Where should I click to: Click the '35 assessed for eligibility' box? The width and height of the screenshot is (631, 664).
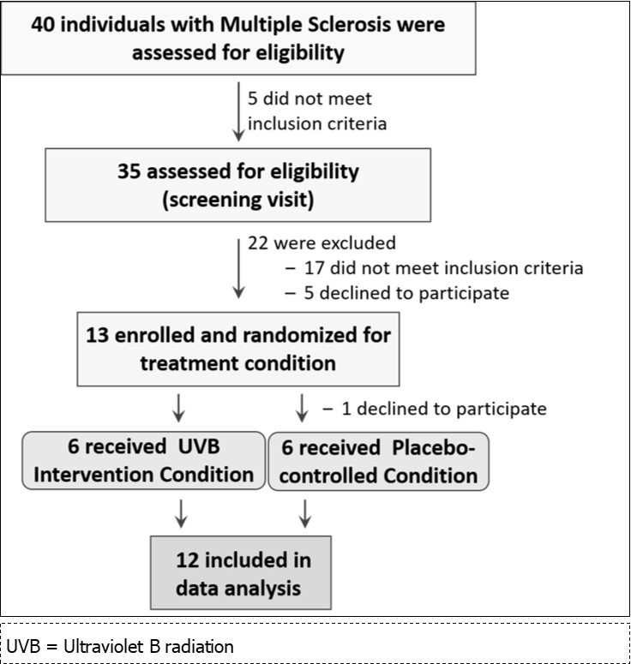click(238, 185)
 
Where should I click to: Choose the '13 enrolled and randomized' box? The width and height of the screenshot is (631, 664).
click(238, 349)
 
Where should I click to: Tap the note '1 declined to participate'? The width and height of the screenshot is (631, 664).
click(435, 408)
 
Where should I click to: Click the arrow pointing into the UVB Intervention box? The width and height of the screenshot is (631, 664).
click(179, 409)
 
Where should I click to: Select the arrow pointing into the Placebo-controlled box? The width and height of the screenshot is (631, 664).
click(302, 409)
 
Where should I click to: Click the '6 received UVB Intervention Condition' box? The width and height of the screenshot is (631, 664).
click(142, 462)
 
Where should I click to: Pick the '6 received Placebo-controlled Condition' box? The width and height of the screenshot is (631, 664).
click(378, 462)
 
